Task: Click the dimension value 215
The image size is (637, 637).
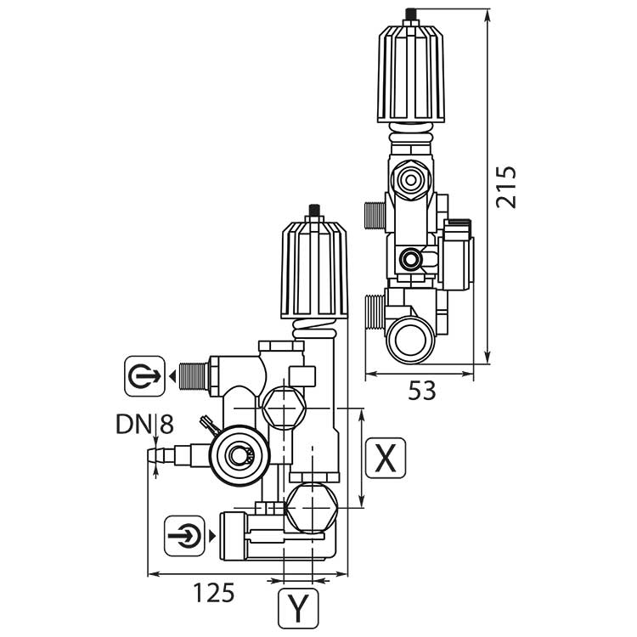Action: coord(506,187)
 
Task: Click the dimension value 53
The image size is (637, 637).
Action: coord(421,391)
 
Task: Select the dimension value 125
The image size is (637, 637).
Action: coord(211,592)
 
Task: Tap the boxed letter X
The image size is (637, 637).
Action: coord(385,459)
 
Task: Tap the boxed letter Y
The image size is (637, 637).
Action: coord(298,606)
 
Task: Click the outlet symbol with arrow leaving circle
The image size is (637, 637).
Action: coord(144,375)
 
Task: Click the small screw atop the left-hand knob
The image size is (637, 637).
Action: coord(314,209)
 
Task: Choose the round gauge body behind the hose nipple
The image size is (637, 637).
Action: coord(235,455)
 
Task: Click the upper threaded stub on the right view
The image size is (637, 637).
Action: coord(375,215)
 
